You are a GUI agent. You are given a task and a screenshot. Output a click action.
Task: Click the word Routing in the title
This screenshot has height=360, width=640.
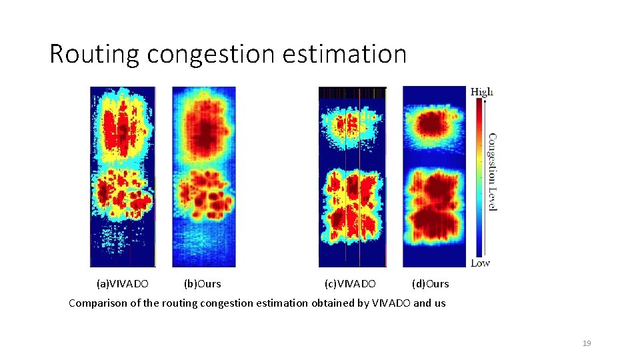[x=93, y=54]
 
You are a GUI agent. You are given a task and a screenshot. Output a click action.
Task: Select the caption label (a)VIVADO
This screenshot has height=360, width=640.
[x=123, y=284]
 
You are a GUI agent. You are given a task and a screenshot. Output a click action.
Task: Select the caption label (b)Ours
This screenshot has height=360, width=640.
[x=202, y=284]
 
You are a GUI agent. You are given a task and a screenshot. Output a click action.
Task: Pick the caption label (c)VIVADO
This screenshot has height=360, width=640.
[x=350, y=284]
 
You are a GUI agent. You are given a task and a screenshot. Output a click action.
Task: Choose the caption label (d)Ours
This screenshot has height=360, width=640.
[x=431, y=284]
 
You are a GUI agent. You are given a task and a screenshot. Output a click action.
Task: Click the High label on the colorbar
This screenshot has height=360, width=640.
[x=482, y=92]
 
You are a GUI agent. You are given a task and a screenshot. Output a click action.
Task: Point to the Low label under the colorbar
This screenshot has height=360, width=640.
[x=480, y=263]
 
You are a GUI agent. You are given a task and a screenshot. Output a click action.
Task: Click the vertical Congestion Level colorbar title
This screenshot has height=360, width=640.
[x=492, y=172]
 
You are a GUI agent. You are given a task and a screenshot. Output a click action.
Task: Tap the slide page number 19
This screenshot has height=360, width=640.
[x=587, y=343]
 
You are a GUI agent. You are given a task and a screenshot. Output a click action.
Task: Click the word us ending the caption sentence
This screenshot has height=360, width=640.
[x=439, y=303]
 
